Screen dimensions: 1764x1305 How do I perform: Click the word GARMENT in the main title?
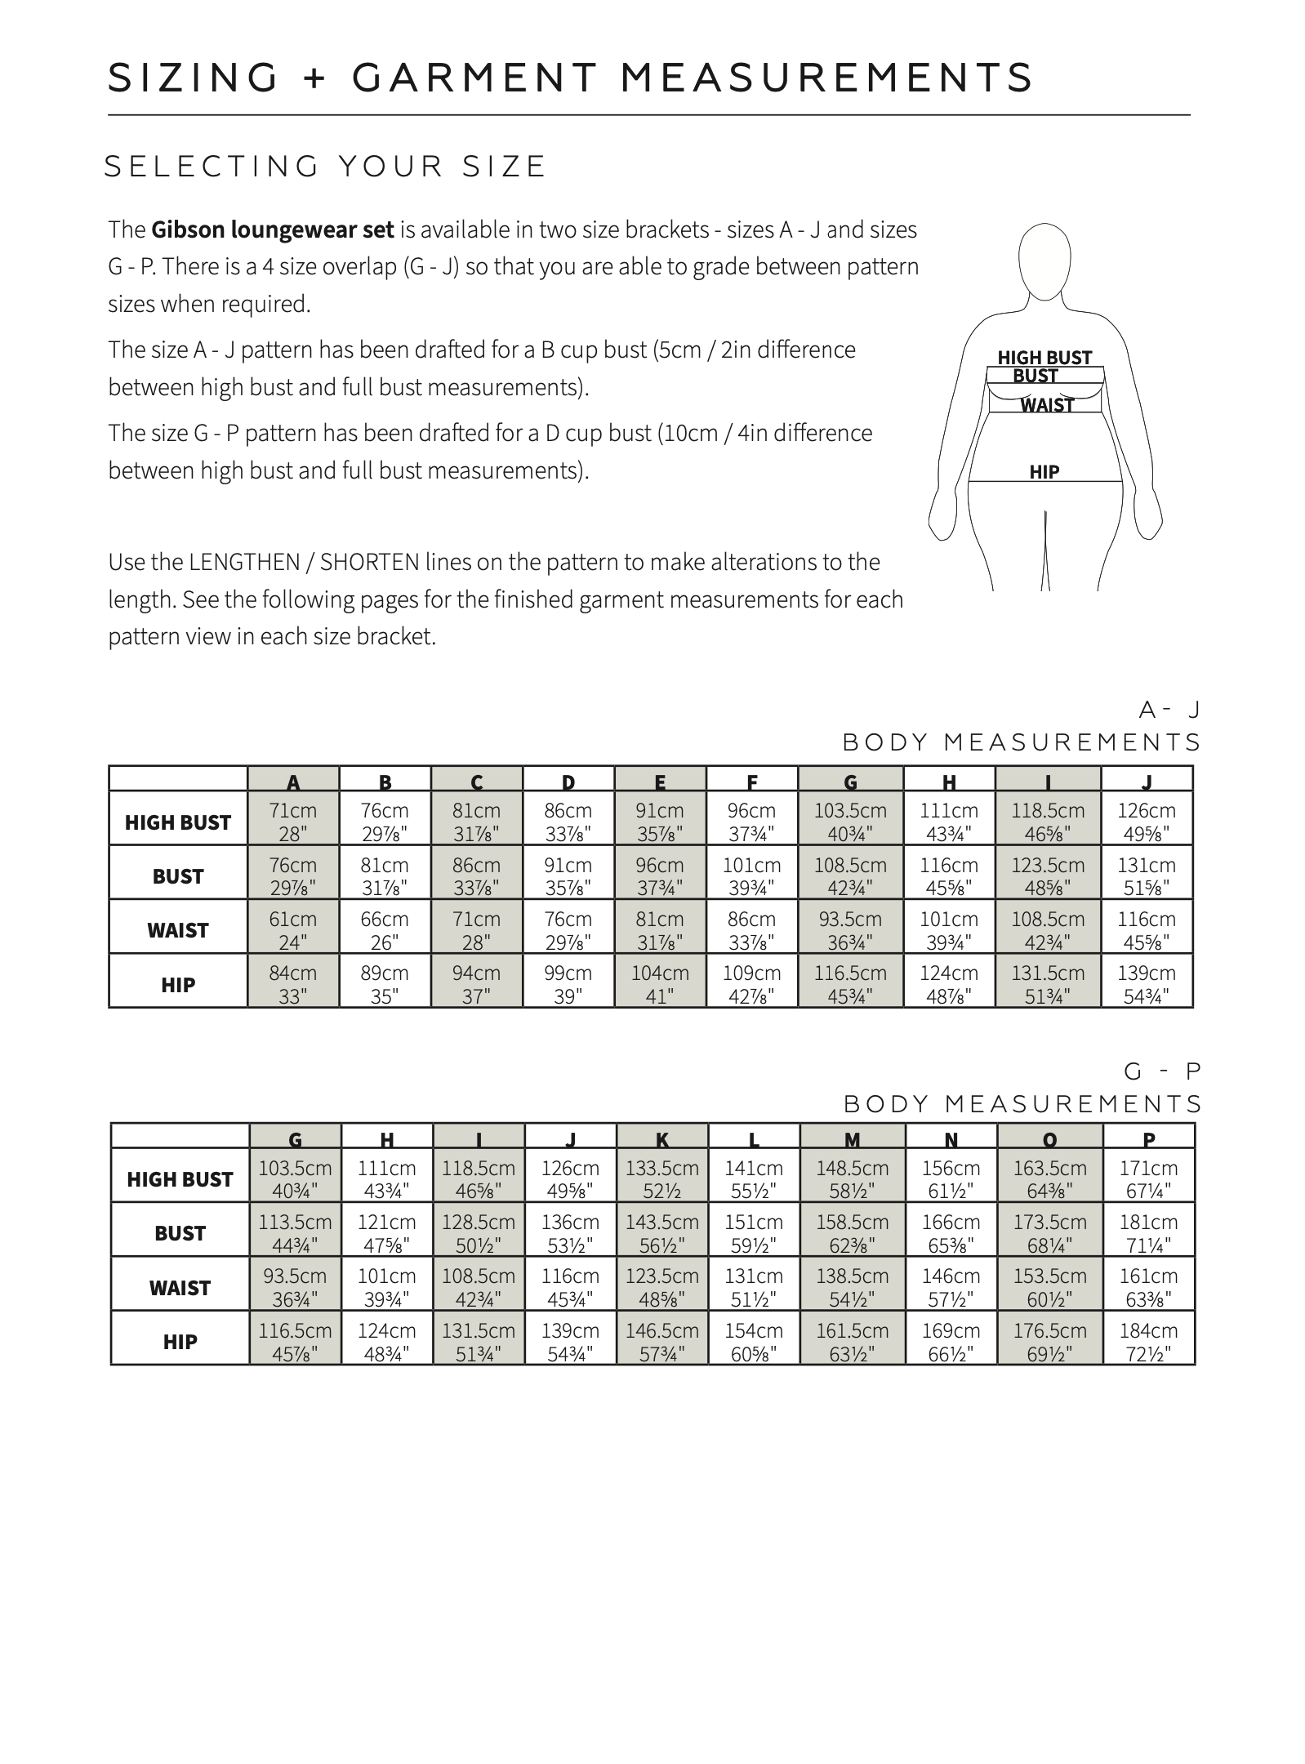476,78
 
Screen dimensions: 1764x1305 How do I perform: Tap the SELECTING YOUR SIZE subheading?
325,167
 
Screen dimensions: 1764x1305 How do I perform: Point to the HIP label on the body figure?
1044,472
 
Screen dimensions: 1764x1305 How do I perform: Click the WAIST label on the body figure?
1047,405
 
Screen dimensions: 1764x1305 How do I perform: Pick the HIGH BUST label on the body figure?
1044,358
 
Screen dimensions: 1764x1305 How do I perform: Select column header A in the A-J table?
293,782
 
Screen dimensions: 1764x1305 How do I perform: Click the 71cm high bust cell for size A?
293,822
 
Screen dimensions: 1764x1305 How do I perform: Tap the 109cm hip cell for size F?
751,984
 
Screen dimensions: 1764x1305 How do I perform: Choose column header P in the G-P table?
1149,1139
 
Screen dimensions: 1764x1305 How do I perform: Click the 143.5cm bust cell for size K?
662,1233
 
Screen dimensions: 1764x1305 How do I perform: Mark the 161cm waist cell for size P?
1148,1287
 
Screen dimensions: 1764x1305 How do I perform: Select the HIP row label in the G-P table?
180,1342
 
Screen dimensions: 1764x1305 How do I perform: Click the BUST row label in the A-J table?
178,876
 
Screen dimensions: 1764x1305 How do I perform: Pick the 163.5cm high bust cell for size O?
1049,1179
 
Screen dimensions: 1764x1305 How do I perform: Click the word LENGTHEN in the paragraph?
233,563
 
